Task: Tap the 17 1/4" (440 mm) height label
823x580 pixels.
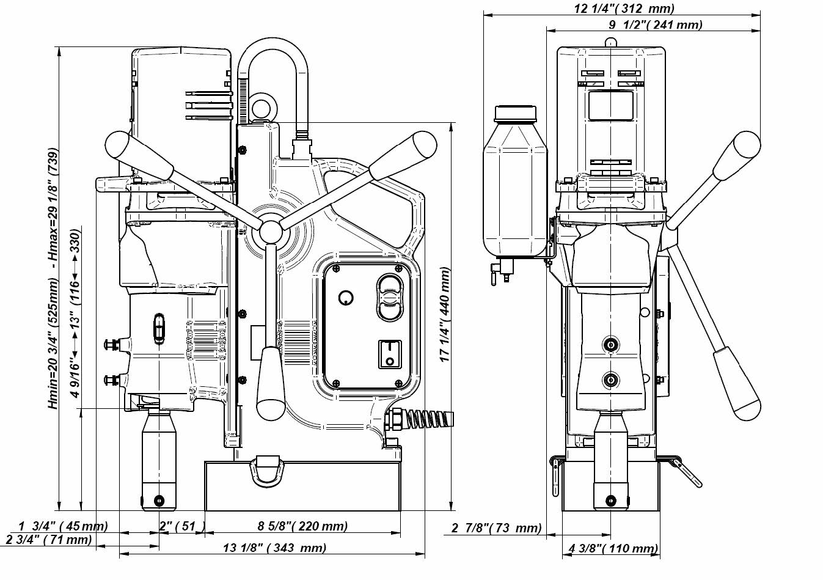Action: pyautogui.click(x=445, y=314)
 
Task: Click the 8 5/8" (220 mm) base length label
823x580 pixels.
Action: pyautogui.click(x=302, y=526)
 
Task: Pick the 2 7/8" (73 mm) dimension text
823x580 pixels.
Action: pyautogui.click(x=496, y=527)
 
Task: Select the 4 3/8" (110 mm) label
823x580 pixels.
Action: pyautogui.click(x=613, y=549)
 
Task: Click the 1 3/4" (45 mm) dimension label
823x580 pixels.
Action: pyautogui.click(x=63, y=526)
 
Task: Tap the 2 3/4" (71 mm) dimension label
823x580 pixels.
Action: pyautogui.click(x=49, y=540)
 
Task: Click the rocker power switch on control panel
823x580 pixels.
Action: pyautogui.click(x=389, y=354)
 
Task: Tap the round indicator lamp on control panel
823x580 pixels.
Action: pyautogui.click(x=346, y=298)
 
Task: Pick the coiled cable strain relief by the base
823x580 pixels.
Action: pyautogui.click(x=422, y=420)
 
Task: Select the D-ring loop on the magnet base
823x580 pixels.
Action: pyautogui.click(x=266, y=469)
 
